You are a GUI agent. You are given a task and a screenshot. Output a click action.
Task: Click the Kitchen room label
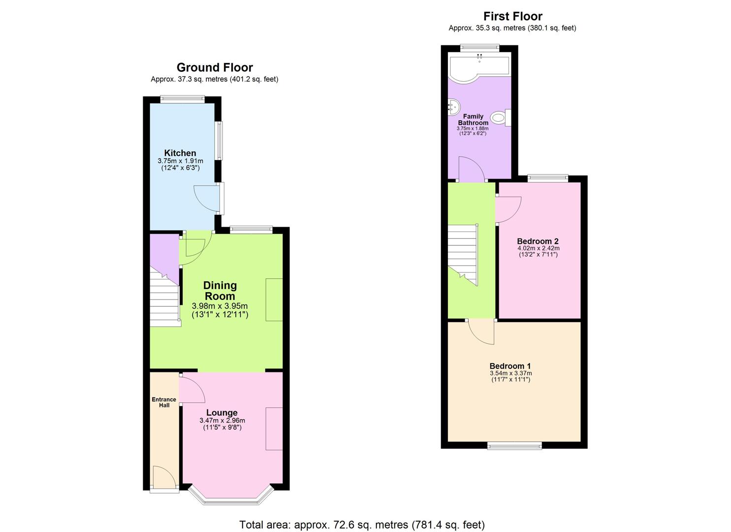[x=180, y=153]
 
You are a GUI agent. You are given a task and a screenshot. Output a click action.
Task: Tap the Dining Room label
[x=220, y=291]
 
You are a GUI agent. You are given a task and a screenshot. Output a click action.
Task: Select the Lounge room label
[x=222, y=413]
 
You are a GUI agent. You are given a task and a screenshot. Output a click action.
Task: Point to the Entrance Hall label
[x=164, y=402]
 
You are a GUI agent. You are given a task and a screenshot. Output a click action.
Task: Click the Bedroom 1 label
[x=510, y=366]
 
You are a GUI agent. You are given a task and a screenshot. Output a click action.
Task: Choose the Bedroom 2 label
[x=538, y=241]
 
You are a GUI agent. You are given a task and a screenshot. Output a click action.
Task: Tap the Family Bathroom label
[x=473, y=120]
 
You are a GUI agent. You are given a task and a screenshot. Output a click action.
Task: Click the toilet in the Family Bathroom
[x=500, y=118]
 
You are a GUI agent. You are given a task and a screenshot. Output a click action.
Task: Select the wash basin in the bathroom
[x=453, y=105]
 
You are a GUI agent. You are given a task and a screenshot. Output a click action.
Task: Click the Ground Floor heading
[x=215, y=67]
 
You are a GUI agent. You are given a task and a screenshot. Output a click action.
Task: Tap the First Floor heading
[x=512, y=16]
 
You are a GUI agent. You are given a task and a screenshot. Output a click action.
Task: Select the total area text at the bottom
[x=362, y=525]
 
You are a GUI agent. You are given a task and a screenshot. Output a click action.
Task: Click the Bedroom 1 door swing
[x=481, y=331]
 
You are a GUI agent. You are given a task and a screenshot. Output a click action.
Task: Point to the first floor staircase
[x=464, y=254]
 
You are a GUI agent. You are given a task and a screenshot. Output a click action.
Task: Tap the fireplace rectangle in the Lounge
[x=274, y=429]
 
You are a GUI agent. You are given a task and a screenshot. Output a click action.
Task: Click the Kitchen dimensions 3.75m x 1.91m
[x=180, y=161]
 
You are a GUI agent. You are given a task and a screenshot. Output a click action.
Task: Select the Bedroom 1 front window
[x=514, y=446]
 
